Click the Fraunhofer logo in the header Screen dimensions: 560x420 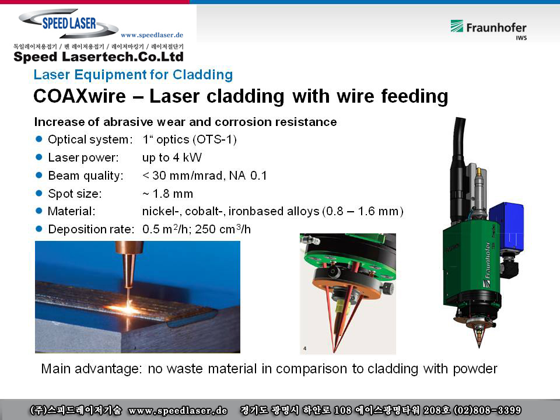coord(488,29)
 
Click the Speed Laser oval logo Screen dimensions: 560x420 coord(69,23)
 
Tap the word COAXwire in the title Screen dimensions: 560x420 coord(80,96)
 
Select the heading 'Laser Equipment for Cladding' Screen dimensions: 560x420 coord(133,75)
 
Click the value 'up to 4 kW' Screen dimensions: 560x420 coord(171,157)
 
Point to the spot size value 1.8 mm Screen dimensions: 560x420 coord(167,194)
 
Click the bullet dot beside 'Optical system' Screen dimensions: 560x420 coord(39,139)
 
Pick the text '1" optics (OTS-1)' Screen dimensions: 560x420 coord(189,139)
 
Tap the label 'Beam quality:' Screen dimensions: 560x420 coord(86,176)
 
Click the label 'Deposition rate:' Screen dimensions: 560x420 coord(91,229)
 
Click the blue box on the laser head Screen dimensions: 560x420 coord(506,226)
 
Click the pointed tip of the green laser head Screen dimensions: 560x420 coord(480,346)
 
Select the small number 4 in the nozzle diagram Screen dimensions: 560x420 coord(304,348)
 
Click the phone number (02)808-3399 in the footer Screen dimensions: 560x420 coord(487,410)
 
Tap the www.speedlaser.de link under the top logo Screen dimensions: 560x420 coord(152,35)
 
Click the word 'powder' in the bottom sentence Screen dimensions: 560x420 coord(475,369)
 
